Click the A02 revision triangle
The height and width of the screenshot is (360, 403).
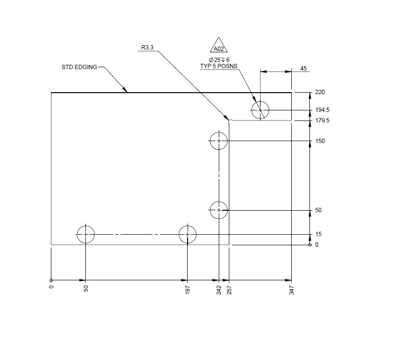pyautogui.click(x=218, y=46)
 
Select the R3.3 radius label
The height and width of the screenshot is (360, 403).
pyautogui.click(x=147, y=48)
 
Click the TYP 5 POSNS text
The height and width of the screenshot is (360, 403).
pyautogui.click(x=218, y=66)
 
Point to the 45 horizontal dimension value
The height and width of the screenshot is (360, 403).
pyautogui.click(x=303, y=69)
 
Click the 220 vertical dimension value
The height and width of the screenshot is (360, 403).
pyautogui.click(x=320, y=92)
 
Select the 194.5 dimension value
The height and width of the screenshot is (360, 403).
pyautogui.click(x=322, y=110)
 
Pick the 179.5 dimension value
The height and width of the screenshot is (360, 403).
pyautogui.click(x=322, y=121)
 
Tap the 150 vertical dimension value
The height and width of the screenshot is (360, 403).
pyautogui.click(x=320, y=141)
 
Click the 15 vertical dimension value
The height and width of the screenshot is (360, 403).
pyautogui.click(x=319, y=234)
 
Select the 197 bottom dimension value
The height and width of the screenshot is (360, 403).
pyautogui.click(x=188, y=290)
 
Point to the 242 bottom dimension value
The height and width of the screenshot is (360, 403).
pyautogui.click(x=219, y=290)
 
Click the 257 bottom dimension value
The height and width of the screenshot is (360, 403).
pyautogui.click(x=229, y=290)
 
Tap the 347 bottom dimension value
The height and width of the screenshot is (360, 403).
pyautogui.click(x=291, y=290)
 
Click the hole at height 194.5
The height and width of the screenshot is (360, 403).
pyautogui.click(x=260, y=110)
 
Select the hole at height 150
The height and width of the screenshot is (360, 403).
pyautogui.click(x=219, y=141)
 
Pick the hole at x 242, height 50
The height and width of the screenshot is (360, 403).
pyautogui.click(x=219, y=210)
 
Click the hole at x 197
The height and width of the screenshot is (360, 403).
pyautogui.click(x=188, y=234)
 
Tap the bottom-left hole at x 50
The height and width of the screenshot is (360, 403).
pyautogui.click(x=85, y=234)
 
